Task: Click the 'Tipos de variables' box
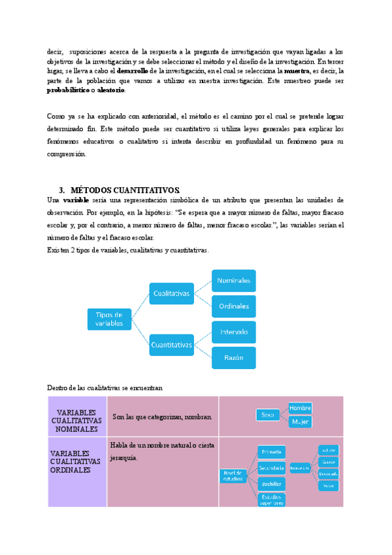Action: coord(109,319)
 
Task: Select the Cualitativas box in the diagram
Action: coord(172,293)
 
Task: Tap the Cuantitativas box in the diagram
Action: coord(172,343)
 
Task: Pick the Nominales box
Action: coord(233,281)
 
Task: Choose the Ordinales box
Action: coord(233,306)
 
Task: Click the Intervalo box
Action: coord(233,332)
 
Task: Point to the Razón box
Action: coord(233,357)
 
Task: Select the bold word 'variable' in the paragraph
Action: coord(76,200)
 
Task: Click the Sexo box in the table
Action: coord(268,415)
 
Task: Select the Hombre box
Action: coord(300,408)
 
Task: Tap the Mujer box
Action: coord(300,422)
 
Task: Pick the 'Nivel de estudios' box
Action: coord(233,476)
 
